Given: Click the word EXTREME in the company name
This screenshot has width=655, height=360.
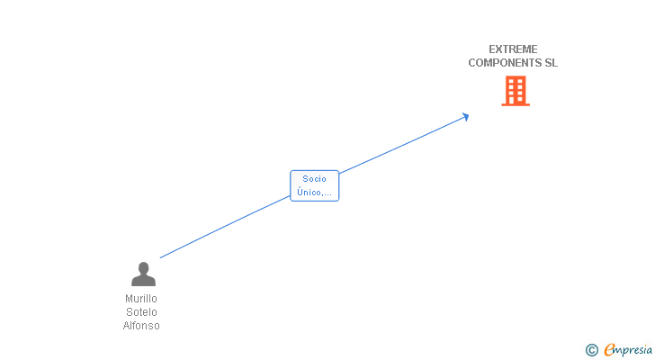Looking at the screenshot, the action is point(513,49).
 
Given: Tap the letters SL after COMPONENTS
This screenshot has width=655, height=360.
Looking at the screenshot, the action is point(552,63).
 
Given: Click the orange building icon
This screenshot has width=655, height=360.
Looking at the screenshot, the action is point(516,90).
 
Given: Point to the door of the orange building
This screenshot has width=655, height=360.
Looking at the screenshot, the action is point(516,100).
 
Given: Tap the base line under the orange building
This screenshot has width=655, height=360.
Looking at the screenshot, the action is point(516,104).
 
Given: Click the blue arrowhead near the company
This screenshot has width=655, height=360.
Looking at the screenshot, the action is point(465,115).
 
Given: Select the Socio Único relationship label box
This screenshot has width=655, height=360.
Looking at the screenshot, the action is point(315,185).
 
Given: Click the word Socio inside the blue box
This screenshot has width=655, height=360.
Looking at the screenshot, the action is point(315,179).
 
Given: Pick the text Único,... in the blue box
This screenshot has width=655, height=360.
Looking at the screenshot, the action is point(315,193).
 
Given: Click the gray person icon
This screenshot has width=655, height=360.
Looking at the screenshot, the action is point(143,274).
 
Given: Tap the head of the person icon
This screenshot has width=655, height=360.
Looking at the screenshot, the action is point(143,267).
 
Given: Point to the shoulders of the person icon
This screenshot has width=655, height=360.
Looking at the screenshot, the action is point(143,281).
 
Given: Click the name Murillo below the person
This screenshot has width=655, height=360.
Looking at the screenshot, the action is point(141,299).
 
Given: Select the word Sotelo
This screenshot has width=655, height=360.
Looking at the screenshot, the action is point(141,312).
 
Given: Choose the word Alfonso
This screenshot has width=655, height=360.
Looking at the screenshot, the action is point(141,326).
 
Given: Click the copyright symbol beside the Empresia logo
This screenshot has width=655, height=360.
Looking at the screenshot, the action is point(591,350).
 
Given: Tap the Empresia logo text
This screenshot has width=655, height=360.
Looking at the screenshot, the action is point(628,350).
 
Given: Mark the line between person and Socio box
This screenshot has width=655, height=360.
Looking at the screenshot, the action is point(225,228).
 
